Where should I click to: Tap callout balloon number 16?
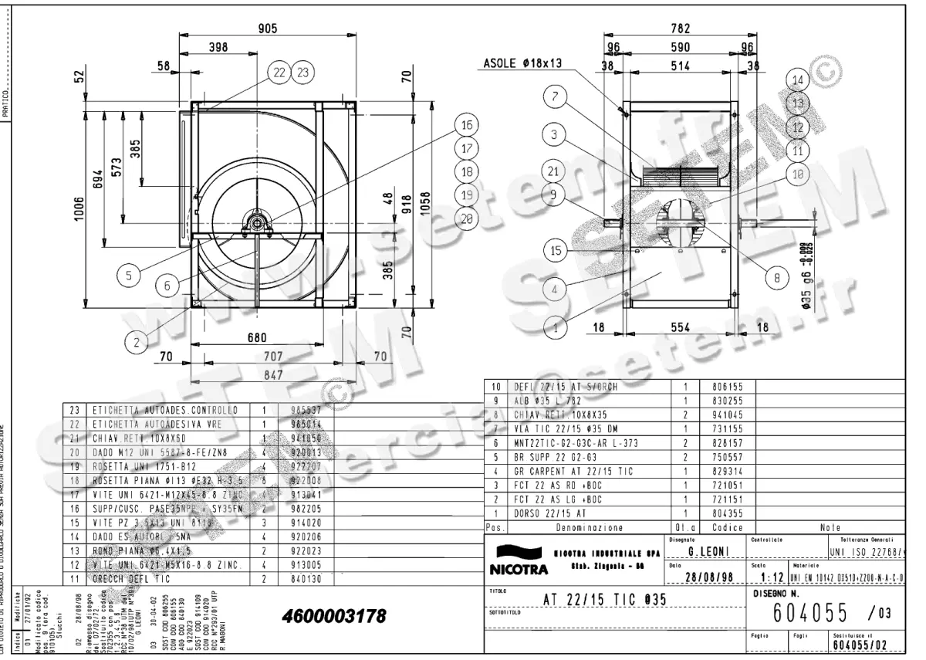[x=465, y=126]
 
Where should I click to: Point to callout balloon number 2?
[x=137, y=340]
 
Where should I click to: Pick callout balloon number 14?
[x=798, y=80]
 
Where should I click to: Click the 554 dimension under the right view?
[x=679, y=327]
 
